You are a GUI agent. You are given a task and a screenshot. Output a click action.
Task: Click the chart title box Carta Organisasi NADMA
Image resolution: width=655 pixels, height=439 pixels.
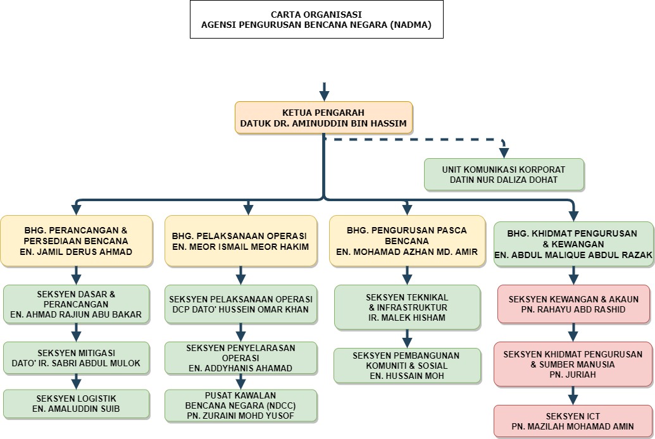(316, 20)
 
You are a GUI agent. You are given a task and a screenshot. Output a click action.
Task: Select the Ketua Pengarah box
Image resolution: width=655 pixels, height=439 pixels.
(323, 118)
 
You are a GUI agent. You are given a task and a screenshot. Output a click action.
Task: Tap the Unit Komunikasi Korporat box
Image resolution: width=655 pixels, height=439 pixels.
(504, 175)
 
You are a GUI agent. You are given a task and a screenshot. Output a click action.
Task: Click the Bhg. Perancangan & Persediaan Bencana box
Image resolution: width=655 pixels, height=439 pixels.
(77, 241)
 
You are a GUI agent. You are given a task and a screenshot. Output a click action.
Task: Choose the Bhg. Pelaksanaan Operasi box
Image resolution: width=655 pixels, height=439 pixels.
(240, 241)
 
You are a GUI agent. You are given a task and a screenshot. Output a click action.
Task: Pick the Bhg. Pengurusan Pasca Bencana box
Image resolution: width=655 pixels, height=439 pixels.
(406, 241)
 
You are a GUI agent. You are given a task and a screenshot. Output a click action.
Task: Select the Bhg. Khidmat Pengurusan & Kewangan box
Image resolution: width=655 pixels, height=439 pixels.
(573, 244)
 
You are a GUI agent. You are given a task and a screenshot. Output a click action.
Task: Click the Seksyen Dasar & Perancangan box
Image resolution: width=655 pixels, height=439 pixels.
(77, 304)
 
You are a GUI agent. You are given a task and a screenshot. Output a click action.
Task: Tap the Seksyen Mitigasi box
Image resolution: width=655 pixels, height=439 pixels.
(77, 358)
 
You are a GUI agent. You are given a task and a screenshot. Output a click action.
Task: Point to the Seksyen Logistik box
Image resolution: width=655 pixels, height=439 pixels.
(77, 404)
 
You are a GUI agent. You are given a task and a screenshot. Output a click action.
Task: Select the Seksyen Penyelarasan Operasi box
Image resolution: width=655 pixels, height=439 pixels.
(240, 358)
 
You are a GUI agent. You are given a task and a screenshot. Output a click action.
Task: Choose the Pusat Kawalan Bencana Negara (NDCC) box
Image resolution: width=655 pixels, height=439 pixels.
(240, 405)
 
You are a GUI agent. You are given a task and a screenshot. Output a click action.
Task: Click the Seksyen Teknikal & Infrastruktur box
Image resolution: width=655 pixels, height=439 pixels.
(407, 307)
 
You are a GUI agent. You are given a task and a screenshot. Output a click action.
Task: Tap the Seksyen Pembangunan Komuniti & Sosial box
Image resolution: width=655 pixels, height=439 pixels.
(407, 366)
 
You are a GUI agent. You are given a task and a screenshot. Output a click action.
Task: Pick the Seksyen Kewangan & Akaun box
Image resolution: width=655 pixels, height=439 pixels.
(573, 304)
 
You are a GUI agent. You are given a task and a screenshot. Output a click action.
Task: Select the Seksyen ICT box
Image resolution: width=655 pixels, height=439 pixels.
(573, 421)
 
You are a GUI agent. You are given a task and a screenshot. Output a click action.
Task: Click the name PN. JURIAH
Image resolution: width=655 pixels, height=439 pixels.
(573, 374)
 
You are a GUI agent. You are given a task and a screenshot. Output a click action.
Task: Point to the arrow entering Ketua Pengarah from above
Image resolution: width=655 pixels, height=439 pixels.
(324, 92)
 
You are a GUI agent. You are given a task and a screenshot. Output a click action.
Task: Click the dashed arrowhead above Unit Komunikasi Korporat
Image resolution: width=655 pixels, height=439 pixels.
(504, 151)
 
